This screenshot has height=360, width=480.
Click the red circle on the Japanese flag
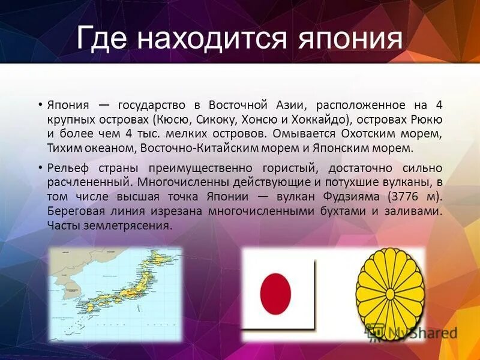click(275, 292)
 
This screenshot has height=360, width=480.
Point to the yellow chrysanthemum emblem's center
click(390, 294)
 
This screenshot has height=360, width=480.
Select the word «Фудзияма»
click(352, 197)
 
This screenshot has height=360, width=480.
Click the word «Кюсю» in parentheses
click(173, 119)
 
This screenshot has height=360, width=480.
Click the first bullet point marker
click(40, 105)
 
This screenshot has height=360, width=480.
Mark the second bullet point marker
click(40, 168)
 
